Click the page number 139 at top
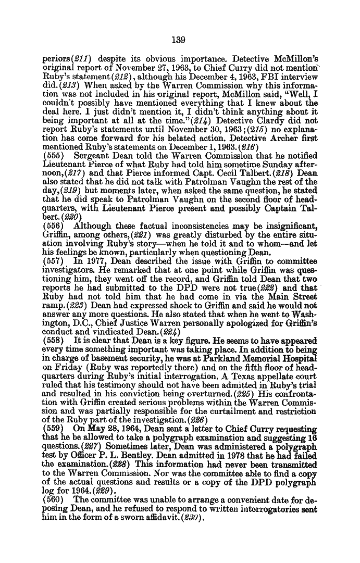coord(180,39)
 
